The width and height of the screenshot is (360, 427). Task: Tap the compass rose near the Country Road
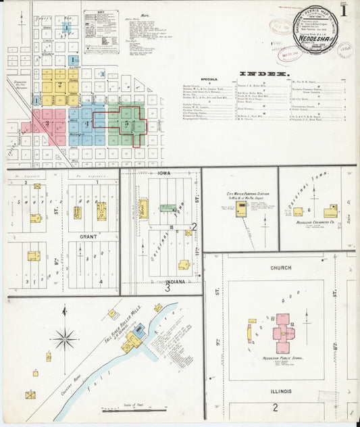click(x=65, y=338)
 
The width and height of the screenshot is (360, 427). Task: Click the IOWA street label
click(x=164, y=173)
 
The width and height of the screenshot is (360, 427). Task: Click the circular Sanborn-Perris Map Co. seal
click(x=319, y=28)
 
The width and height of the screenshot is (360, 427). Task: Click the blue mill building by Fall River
click(x=139, y=331)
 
